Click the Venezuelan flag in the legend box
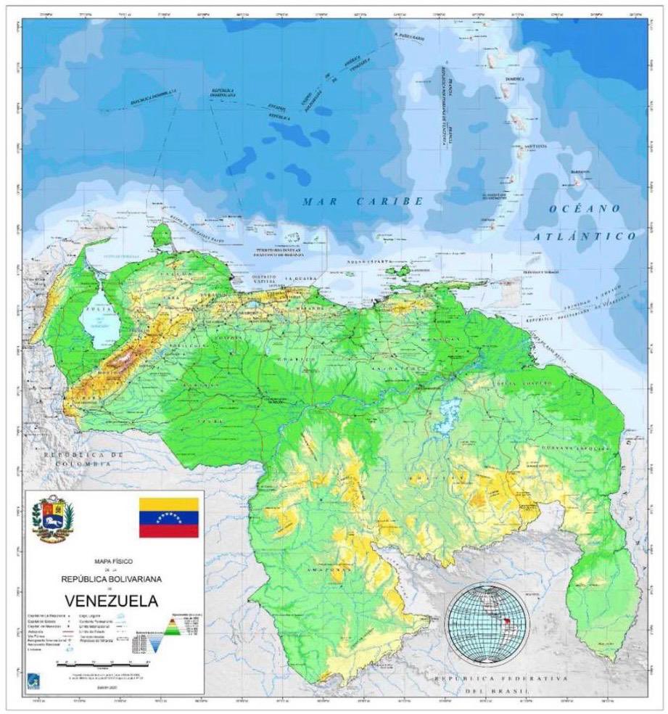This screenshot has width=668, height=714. point(168,517)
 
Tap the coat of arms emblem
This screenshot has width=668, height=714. point(53,518)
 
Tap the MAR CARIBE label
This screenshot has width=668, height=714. point(363,202)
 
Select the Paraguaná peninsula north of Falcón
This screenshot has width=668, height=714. point(162,234)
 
